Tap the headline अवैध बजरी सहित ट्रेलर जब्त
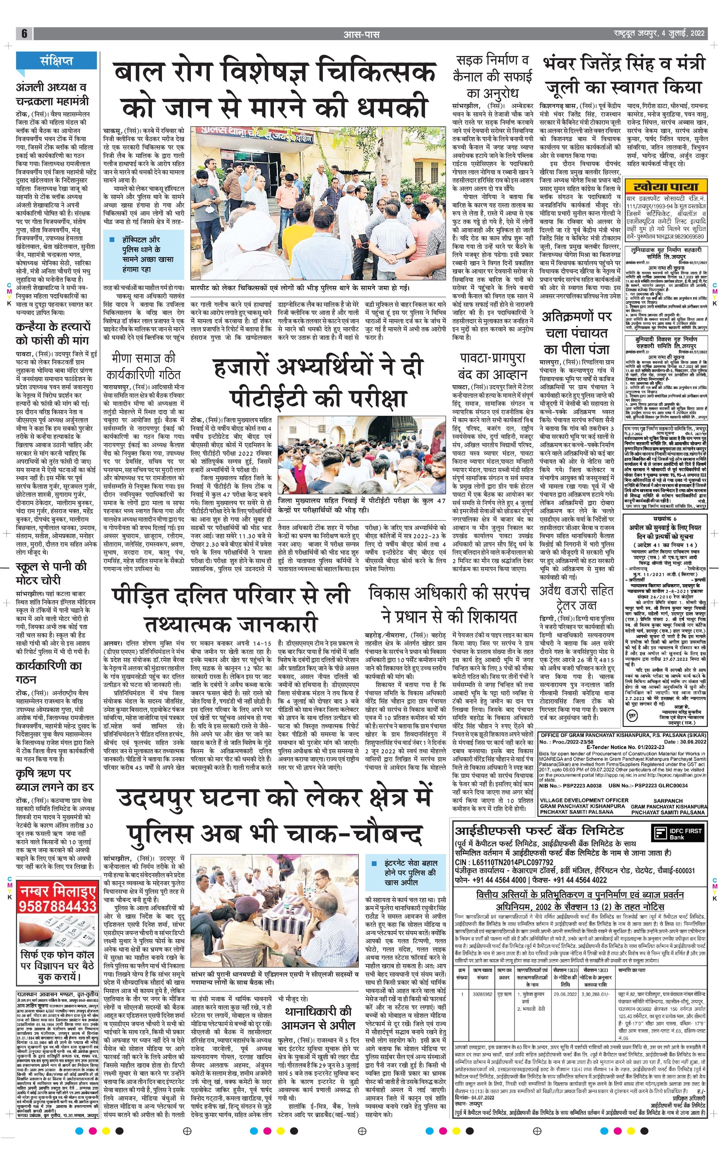576,598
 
